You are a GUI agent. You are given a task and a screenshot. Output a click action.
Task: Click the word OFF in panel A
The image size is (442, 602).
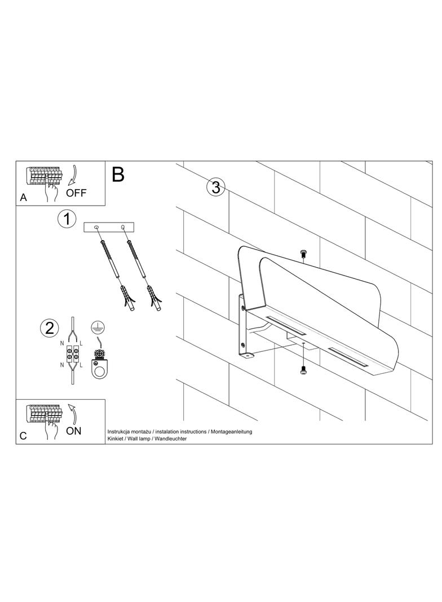tap(76, 193)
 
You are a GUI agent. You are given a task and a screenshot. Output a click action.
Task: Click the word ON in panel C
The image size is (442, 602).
tap(74, 431)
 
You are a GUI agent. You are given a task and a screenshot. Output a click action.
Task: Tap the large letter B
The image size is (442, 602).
tap(118, 175)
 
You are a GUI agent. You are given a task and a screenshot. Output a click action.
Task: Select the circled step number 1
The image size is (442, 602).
tap(67, 220)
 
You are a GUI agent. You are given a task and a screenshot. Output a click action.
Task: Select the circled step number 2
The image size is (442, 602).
tap(50, 328)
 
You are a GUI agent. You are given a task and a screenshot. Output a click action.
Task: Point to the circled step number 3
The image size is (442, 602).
tap(215, 187)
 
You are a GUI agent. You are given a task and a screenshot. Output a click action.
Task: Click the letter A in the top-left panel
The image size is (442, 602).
tap(23, 197)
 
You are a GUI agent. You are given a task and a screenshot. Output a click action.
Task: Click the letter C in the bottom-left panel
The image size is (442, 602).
tap(23, 436)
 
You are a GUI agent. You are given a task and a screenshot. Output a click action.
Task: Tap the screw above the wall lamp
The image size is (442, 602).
tap(304, 253)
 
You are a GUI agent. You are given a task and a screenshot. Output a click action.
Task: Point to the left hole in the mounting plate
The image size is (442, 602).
tap(96, 228)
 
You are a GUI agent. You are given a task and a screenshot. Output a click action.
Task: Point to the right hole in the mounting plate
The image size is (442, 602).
tap(123, 227)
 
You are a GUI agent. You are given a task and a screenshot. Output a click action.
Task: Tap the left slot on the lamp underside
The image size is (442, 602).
tap(285, 325)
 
